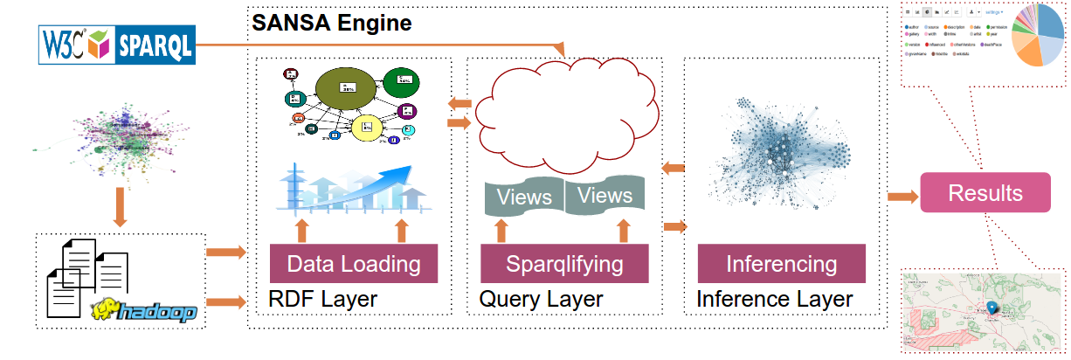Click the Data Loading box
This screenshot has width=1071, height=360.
pos(354,264)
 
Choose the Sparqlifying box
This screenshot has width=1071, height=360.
pos(563,264)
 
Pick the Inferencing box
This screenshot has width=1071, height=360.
pos(781,264)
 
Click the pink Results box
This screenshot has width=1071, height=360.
pos(985,193)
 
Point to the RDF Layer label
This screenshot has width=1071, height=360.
pos(322,300)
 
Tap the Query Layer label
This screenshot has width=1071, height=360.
pos(541,300)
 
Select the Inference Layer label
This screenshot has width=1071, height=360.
pos(774,300)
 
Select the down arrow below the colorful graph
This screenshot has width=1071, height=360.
pos(121,211)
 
